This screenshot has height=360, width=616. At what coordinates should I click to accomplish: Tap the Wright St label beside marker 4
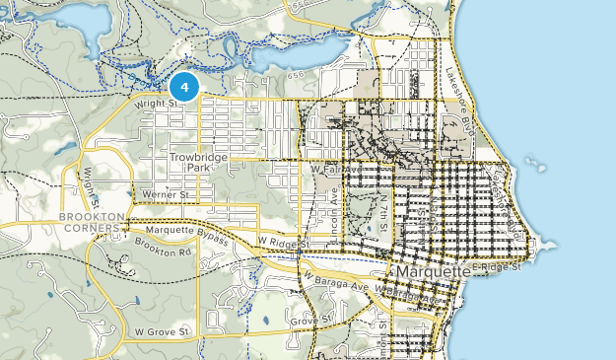tap(156, 102)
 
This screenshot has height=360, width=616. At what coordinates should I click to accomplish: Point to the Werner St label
tap(165, 195)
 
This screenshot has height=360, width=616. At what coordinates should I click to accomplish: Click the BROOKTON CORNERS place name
tap(94, 222)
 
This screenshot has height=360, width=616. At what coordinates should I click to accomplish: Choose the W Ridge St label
tap(283, 241)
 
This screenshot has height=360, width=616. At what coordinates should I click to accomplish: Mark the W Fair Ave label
tap(332, 169)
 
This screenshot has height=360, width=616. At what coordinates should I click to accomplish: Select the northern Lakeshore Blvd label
tap(460, 87)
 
